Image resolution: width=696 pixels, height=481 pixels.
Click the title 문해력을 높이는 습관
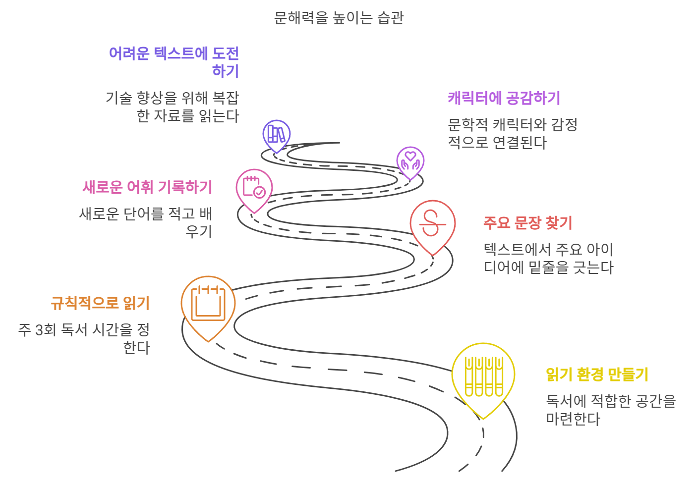pos(339,18)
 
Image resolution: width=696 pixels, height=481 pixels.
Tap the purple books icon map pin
pos(276,134)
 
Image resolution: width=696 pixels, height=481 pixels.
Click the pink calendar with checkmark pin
pos(254,187)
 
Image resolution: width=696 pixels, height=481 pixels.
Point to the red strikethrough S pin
pos(432,224)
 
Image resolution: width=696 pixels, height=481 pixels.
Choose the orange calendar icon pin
pos(208,304)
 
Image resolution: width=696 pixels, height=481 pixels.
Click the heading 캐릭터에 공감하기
pos(504,98)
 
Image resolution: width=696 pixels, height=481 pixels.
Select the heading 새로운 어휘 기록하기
pos(147,187)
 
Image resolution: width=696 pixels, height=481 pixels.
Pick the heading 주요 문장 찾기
pos(528,223)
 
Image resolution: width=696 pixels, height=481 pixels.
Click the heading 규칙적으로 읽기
pos(100,303)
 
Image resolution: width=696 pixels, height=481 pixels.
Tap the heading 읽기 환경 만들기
pos(597,374)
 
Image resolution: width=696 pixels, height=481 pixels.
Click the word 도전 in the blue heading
pos(226,53)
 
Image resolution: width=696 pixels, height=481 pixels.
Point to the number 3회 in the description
pos(46,330)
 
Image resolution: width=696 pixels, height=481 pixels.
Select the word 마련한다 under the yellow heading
pos(573,419)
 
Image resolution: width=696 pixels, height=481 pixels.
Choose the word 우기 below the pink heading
pos(199,232)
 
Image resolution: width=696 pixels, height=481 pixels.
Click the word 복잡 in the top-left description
pos(226,98)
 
